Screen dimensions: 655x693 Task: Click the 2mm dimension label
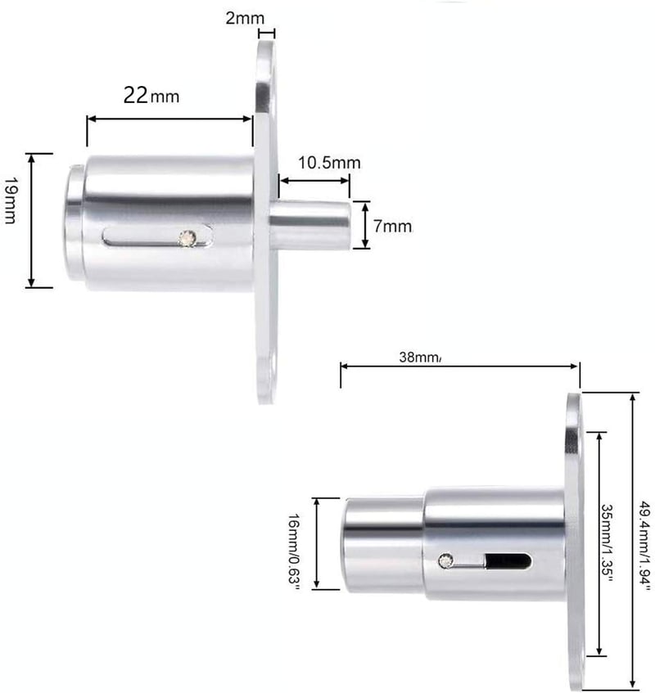[245, 18]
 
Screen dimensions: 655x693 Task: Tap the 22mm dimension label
[151, 95]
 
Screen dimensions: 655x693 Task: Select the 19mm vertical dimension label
[11, 200]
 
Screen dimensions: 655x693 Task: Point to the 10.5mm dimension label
[329, 163]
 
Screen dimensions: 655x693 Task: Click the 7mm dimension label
[392, 227]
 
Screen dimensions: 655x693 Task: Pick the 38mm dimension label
[419, 357]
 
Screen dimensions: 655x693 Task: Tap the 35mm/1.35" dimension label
[607, 543]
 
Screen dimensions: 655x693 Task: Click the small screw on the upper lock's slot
[187, 238]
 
